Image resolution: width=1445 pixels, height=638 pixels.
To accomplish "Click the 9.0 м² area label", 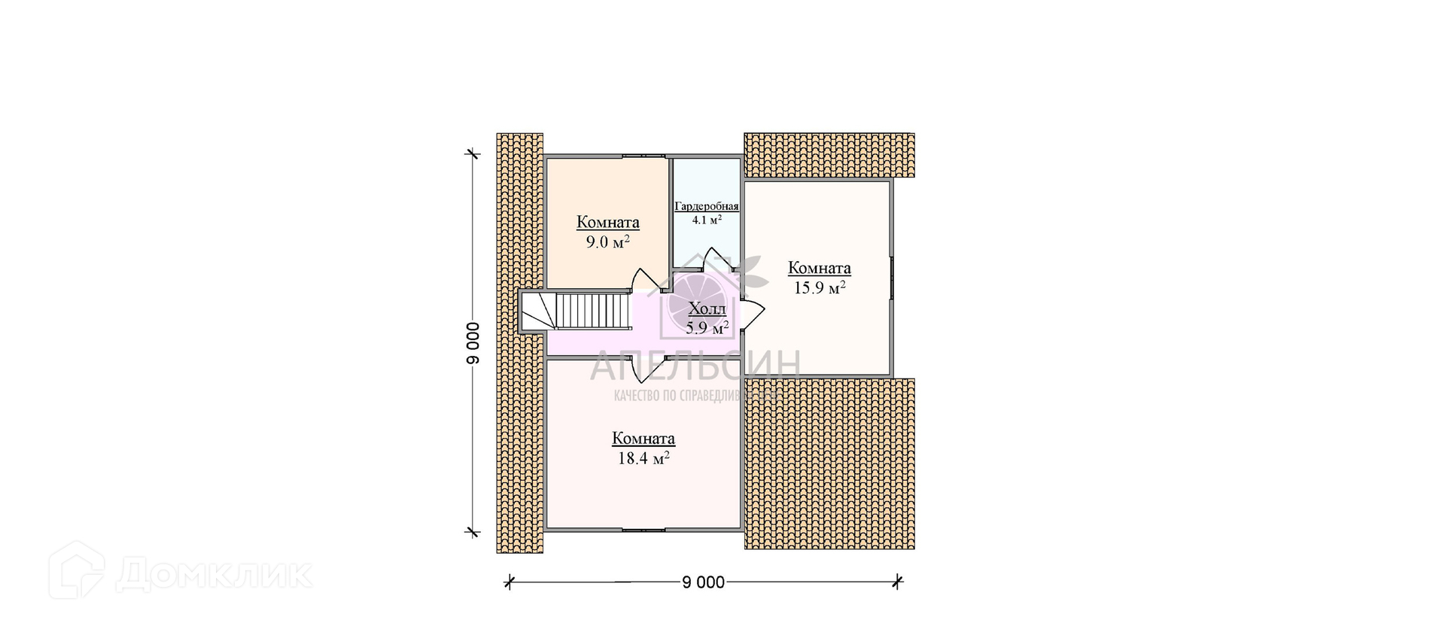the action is click(607, 242).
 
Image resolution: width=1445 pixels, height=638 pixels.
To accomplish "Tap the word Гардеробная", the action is click(706, 206).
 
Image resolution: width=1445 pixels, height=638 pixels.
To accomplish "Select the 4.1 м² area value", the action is click(707, 220).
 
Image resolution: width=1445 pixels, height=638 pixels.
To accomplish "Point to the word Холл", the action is click(707, 309).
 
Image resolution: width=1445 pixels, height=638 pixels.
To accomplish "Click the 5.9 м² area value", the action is click(707, 328).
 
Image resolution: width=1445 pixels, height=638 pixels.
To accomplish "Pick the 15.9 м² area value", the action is click(820, 287).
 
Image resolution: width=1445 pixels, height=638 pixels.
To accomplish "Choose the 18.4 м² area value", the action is click(643, 458).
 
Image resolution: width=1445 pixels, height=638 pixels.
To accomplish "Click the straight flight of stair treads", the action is click(592, 311).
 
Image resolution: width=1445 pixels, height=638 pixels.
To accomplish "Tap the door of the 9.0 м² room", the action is click(644, 281).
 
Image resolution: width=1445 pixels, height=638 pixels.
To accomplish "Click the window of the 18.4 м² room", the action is click(643, 530).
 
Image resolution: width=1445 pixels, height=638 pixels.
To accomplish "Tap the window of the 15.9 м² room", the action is click(892, 278).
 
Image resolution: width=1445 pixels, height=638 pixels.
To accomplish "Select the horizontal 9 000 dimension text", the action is click(703, 582).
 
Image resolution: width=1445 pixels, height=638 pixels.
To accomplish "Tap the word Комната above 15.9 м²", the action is click(820, 268).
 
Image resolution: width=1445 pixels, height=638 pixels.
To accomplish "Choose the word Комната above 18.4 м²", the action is click(643, 439).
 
